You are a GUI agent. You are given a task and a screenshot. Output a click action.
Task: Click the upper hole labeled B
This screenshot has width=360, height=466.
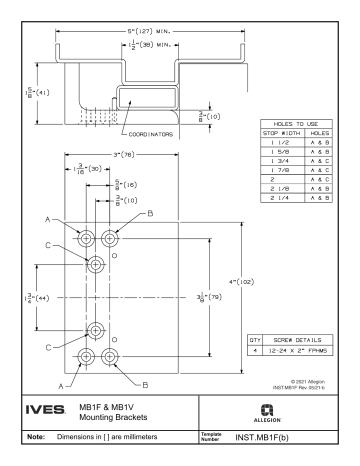[109, 241]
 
